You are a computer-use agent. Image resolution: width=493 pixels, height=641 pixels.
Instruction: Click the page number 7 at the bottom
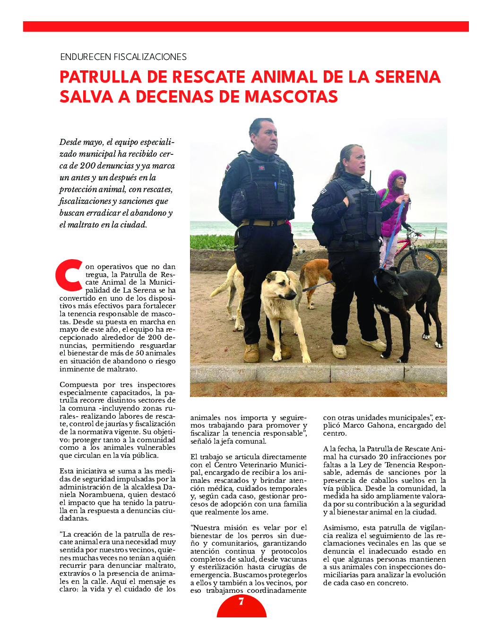coord(241,602)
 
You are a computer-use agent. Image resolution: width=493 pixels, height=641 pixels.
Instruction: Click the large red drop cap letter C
coord(69,275)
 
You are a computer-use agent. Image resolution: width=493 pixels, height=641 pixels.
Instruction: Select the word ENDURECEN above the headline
coord(86,57)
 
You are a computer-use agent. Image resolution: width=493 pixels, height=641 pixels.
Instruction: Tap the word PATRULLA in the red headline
coord(101,77)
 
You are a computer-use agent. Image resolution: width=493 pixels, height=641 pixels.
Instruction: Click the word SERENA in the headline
coord(408,77)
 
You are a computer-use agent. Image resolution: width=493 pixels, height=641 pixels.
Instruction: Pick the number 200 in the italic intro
coord(87,166)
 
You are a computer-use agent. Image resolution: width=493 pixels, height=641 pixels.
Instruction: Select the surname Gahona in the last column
coord(380,425)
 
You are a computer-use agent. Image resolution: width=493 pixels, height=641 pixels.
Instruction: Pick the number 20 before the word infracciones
coord(383,457)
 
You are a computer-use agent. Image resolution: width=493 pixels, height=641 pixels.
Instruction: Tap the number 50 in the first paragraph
coord(139,353)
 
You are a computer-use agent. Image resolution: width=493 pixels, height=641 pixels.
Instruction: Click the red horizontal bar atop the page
coord(246,26)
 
